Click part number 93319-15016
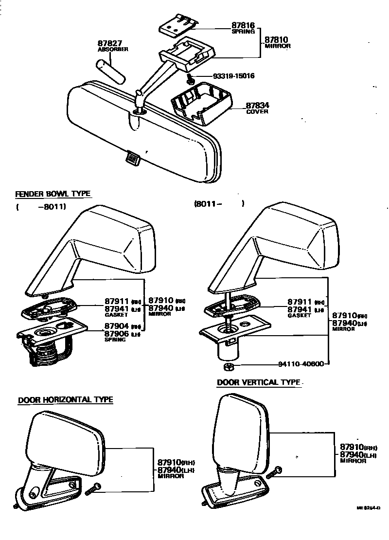(x=234, y=76)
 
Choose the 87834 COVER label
(x=257, y=108)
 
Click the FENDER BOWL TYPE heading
(x=53, y=194)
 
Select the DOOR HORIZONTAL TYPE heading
(x=65, y=400)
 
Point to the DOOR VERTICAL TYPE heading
(x=258, y=382)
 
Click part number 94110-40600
(x=301, y=364)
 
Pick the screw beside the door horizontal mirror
(x=92, y=489)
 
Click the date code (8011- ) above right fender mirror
(x=219, y=204)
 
